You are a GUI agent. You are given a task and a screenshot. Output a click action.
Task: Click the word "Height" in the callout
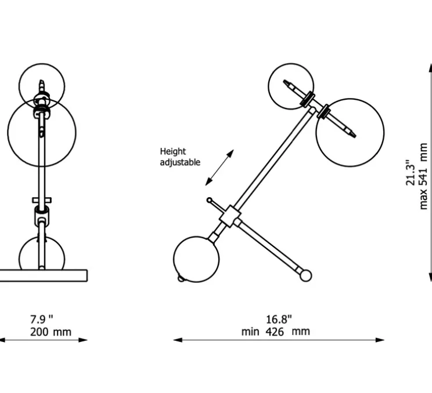pyautogui.click(x=173, y=151)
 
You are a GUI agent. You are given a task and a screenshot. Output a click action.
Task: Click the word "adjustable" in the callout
pyautogui.click(x=180, y=162)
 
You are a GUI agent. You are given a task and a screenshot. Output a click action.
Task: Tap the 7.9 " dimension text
pyautogui.click(x=42, y=319)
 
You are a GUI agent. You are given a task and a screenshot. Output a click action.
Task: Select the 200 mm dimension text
pyautogui.click(x=51, y=332)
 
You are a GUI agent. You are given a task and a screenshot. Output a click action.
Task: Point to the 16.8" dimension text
pyautogui.click(x=279, y=319)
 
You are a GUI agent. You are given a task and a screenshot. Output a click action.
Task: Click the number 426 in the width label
pyautogui.click(x=275, y=332)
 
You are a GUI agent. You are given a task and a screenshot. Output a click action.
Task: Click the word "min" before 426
pyautogui.click(x=250, y=332)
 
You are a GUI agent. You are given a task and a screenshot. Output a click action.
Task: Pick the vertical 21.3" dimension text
pyautogui.click(x=411, y=172)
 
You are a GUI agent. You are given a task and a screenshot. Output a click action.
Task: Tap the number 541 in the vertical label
pyautogui.click(x=423, y=176)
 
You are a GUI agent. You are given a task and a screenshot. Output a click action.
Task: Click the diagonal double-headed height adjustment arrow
pyautogui.click(x=219, y=168)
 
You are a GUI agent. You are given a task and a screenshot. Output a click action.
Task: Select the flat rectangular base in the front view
pyautogui.click(x=43, y=275)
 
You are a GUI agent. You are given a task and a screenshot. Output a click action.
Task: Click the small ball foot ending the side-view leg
pyautogui.click(x=305, y=275)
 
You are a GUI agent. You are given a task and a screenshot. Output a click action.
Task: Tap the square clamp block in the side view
pyautogui.click(x=230, y=216)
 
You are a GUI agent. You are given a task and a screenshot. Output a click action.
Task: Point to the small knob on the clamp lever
pyautogui.click(x=210, y=200)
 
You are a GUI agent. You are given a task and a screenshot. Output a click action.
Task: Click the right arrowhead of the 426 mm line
pyautogui.click(x=380, y=340)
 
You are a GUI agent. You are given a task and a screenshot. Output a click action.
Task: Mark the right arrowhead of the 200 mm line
pyautogui.click(x=83, y=340)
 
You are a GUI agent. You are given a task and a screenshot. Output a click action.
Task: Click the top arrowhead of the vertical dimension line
pyautogui.click(x=430, y=67)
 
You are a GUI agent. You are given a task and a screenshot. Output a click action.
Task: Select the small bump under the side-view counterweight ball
pyautogui.click(x=181, y=279)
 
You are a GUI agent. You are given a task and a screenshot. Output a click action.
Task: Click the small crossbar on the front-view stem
pyautogui.click(x=42, y=200)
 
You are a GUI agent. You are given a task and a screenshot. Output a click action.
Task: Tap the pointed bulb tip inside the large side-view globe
pyautogui.click(x=353, y=134)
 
